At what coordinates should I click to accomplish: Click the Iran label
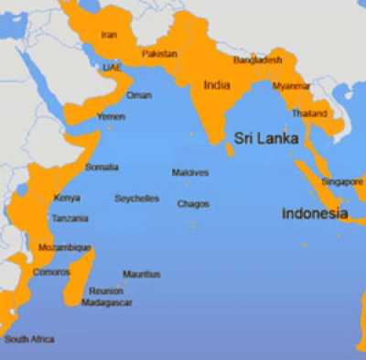(109, 35)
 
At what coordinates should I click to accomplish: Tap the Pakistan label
(159, 54)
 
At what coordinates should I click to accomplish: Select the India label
(217, 84)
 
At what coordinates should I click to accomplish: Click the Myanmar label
(291, 86)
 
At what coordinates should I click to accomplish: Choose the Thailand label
(309, 114)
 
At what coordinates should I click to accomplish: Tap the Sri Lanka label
(265, 139)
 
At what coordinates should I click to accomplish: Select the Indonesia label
(315, 213)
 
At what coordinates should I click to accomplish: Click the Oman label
(139, 95)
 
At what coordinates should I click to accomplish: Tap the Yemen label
(111, 118)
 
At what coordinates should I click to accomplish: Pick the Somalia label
(102, 167)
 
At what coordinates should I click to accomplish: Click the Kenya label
(67, 198)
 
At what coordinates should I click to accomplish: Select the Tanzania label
(70, 219)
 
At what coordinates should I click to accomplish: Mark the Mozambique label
(64, 247)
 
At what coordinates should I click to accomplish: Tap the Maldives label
(189, 172)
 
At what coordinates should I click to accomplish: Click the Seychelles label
(136, 199)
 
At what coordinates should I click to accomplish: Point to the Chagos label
(193, 203)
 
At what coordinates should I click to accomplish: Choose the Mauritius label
(141, 274)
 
